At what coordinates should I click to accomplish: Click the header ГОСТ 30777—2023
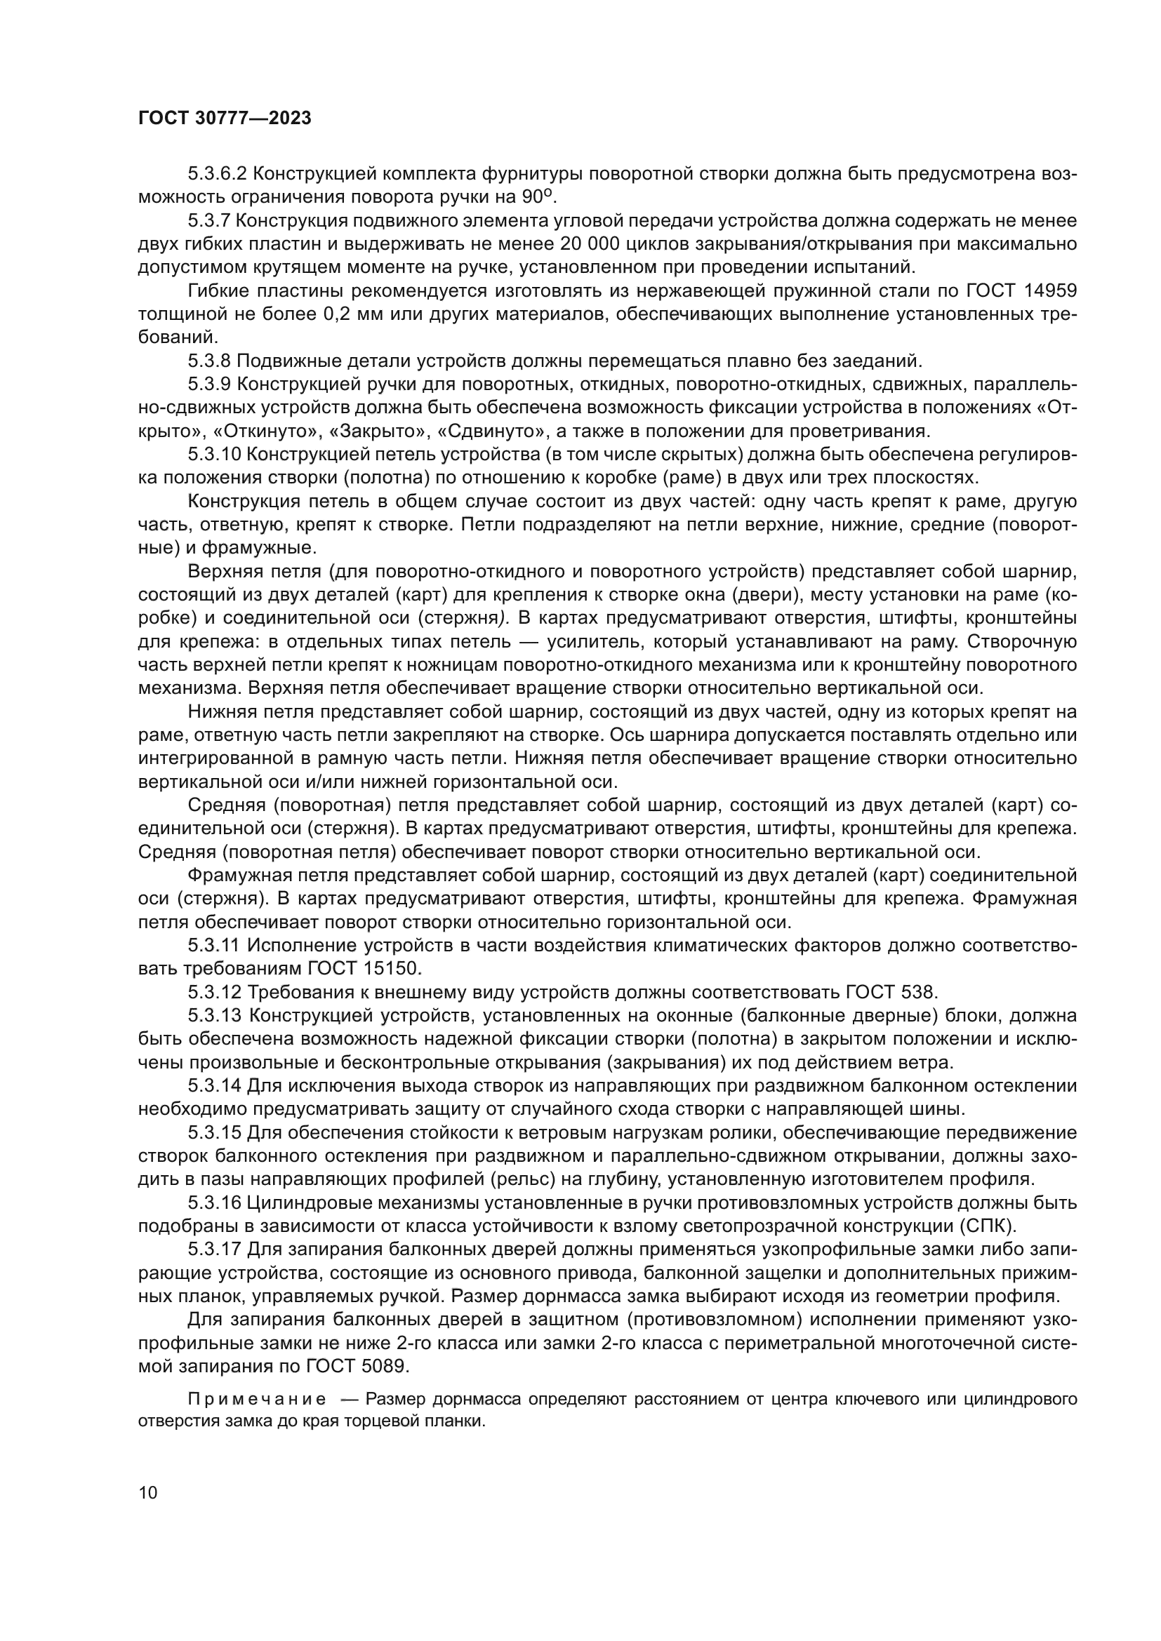[x=225, y=119]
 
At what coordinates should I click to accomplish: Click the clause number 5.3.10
[x=215, y=455]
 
